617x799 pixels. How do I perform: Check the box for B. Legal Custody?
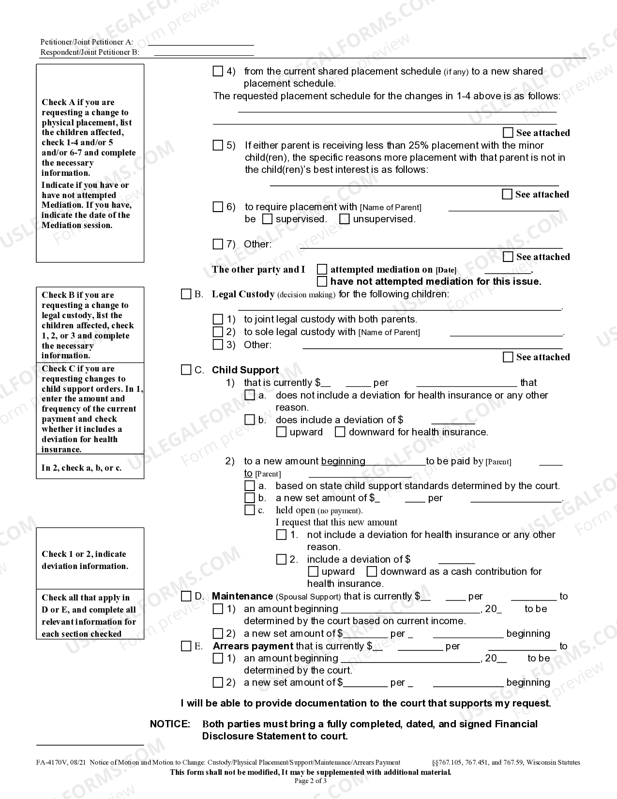(x=186, y=294)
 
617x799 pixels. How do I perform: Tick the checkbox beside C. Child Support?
(x=186, y=370)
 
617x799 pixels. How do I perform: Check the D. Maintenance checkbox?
(x=186, y=596)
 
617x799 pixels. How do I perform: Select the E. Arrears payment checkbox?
(x=186, y=646)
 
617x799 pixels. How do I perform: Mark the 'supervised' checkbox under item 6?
(x=267, y=219)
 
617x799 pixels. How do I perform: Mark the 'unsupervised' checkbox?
(x=344, y=219)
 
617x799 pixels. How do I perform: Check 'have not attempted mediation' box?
(x=322, y=281)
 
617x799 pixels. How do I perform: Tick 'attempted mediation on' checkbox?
(x=322, y=269)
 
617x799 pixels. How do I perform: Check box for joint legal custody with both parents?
(x=218, y=319)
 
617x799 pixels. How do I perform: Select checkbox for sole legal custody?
(x=218, y=332)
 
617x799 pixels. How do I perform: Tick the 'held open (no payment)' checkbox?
(x=250, y=510)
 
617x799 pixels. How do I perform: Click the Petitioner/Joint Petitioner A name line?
(x=200, y=42)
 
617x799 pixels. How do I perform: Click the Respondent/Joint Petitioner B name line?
(x=204, y=52)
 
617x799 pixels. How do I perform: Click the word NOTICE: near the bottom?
(x=170, y=724)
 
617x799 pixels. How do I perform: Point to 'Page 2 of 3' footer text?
(x=311, y=781)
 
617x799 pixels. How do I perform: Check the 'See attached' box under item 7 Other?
(x=508, y=257)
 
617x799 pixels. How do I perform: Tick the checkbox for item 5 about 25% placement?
(x=218, y=145)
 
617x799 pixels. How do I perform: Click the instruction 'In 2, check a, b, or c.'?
(x=81, y=468)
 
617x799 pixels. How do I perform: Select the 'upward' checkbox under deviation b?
(x=281, y=432)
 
